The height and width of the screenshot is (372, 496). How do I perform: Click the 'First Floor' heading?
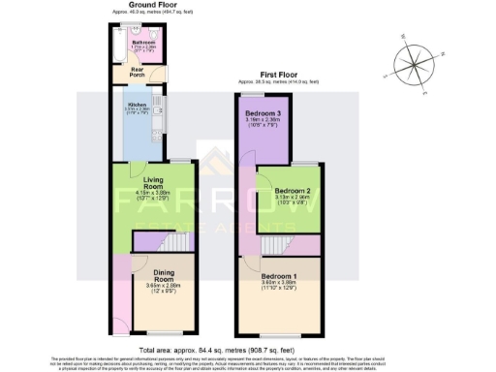[278, 74]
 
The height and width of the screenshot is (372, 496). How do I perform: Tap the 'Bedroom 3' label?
[263, 114]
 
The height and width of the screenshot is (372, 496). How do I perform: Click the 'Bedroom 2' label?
[292, 191]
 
